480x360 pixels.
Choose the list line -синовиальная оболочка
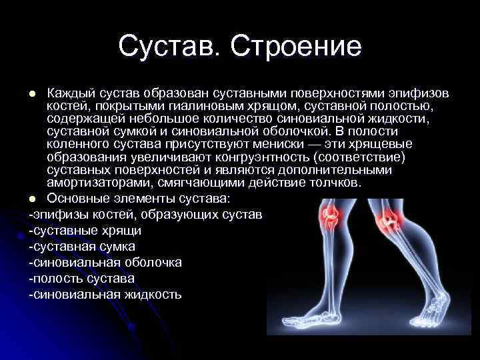105,262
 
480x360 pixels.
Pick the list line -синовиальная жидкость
104,294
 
